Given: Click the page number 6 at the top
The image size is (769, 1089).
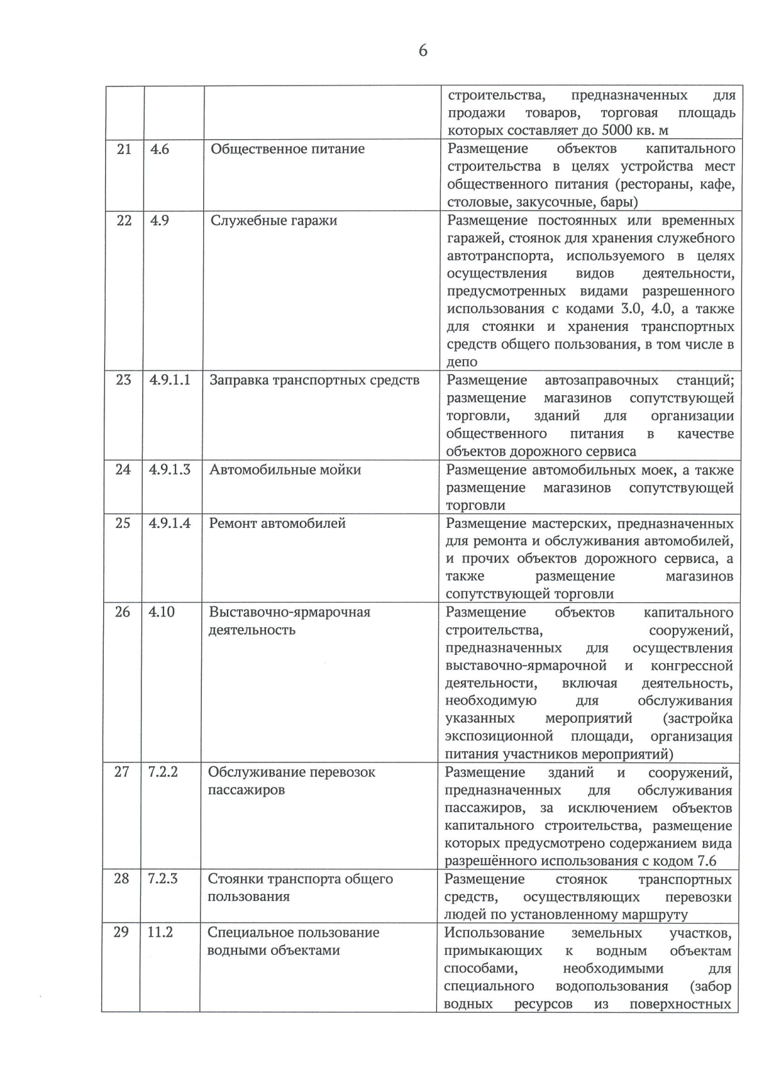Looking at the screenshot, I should coord(422,51).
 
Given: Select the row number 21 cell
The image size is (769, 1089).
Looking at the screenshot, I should coord(124,149).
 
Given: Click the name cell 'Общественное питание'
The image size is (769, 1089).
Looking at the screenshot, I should coord(287,149).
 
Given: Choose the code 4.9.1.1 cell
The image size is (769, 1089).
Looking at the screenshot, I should coord(169,380).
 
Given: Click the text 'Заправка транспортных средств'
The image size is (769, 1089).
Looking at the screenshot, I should coord(314,380).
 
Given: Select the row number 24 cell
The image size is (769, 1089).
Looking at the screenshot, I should coord(122,470).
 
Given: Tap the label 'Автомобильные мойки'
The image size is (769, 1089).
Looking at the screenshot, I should coord(285,470).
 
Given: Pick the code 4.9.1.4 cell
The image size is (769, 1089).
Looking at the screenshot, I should coord(169,523).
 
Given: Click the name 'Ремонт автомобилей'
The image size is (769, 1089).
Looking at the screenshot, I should coord(277,523).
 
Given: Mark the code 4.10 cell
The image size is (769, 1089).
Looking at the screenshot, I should coord(161,612).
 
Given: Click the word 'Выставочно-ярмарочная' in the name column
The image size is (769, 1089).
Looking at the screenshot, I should coord(290,612).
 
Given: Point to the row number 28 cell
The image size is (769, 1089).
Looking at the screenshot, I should coord(121,879).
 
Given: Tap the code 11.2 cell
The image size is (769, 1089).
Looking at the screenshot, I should coord(160,933).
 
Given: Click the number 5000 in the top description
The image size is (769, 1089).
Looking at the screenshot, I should coord(619,131).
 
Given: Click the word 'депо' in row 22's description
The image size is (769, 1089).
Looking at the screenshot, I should coord(461,362).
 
